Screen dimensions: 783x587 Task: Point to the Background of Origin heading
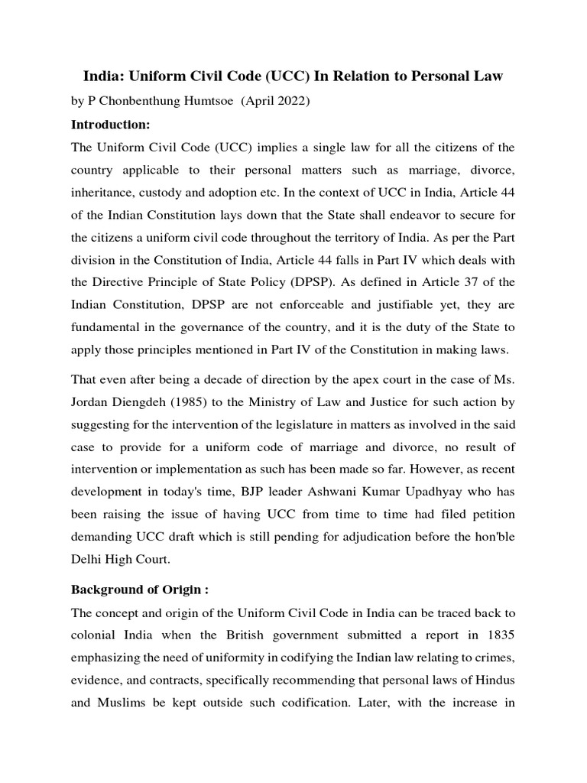coord(141,569)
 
